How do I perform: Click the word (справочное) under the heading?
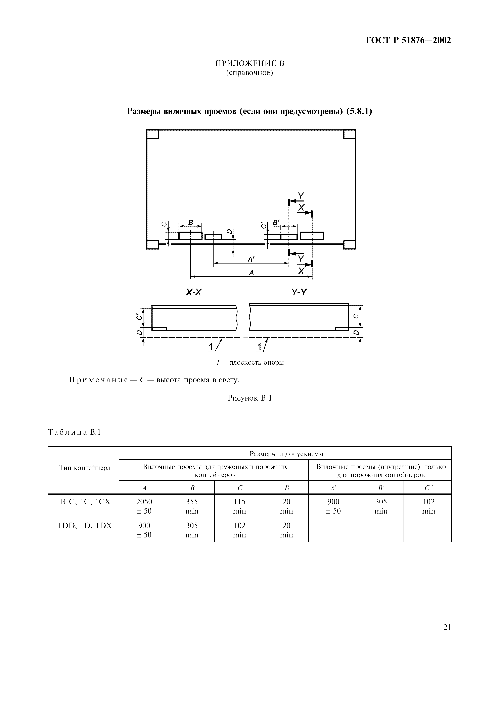point(250,73)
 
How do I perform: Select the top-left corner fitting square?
point(152,134)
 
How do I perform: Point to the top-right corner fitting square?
point(350,134)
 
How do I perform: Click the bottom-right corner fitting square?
point(350,244)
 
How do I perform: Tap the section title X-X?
point(194,293)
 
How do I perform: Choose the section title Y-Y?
point(299,293)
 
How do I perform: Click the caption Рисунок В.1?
point(250,398)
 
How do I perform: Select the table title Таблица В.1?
point(74,432)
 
